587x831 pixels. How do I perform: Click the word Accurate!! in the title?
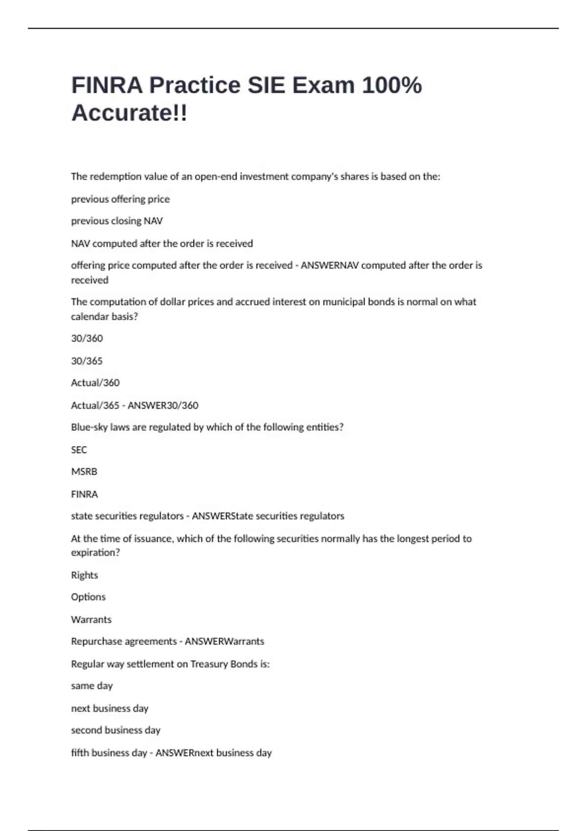click(x=129, y=113)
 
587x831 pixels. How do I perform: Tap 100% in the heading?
click(x=391, y=85)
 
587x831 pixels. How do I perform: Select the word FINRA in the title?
click(x=107, y=85)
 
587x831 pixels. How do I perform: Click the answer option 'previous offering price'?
click(x=120, y=199)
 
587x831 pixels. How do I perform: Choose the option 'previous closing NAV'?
click(x=117, y=221)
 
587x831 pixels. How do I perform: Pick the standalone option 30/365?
click(x=87, y=361)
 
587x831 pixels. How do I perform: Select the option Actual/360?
click(x=95, y=383)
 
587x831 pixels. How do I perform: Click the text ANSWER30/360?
click(x=163, y=405)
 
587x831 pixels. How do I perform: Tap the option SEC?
click(x=79, y=450)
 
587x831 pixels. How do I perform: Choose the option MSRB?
click(x=84, y=472)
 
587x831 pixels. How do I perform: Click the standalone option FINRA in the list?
click(x=84, y=494)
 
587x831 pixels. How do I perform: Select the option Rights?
click(x=84, y=575)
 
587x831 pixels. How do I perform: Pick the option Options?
click(x=88, y=597)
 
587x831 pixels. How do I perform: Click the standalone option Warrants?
click(x=91, y=620)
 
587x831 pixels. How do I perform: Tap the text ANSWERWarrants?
click(x=224, y=641)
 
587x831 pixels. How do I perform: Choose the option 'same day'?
click(x=91, y=686)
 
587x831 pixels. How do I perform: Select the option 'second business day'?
click(x=115, y=730)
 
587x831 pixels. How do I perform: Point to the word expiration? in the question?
click(x=95, y=552)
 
